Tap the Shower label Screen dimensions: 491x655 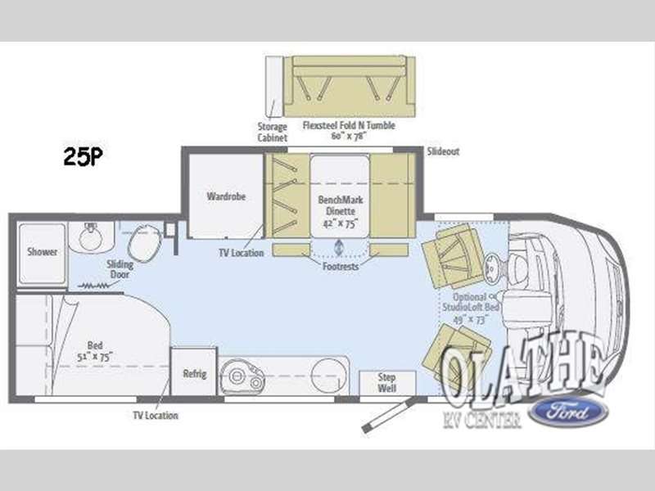pos(42,252)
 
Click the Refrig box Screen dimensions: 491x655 pos(194,374)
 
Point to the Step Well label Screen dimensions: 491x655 pos(387,382)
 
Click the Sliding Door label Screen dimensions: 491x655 pos(120,270)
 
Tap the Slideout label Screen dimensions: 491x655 pos(444,152)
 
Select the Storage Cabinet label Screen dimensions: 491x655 pos(273,132)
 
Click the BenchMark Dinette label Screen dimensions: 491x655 pos(338,205)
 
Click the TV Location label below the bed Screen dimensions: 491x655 pos(156,416)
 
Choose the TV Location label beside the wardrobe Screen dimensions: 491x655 pos(242,254)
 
